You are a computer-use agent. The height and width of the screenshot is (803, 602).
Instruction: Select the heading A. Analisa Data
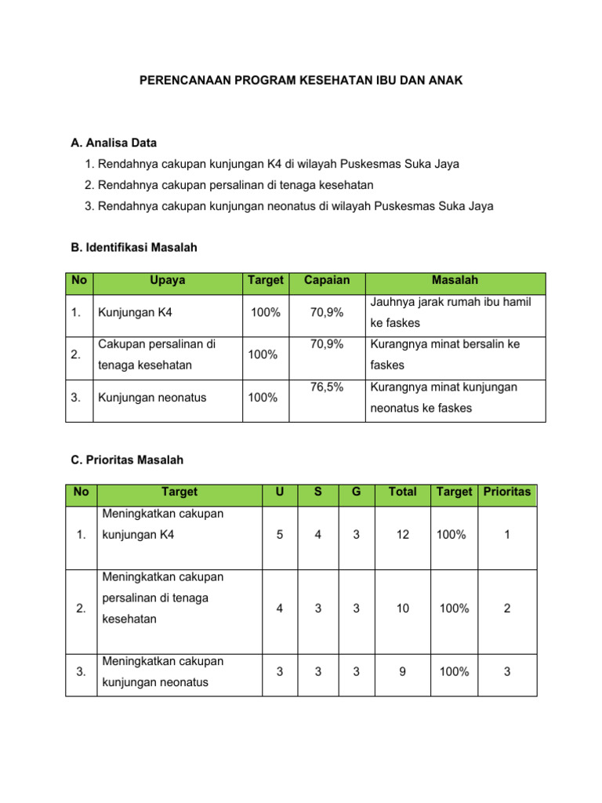point(114,143)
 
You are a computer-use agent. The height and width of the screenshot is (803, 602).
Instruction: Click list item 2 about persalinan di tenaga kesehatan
point(229,185)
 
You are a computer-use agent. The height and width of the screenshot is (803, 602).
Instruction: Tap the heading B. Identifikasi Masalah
point(134,248)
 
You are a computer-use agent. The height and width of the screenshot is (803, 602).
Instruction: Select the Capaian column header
point(326,280)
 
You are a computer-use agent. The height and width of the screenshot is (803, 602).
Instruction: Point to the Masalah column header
point(455,280)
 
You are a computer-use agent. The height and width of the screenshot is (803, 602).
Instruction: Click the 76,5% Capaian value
point(326,387)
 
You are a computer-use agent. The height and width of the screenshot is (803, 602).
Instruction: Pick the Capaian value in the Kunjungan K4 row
point(326,313)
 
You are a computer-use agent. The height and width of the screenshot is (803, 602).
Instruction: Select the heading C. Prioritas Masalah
point(128,460)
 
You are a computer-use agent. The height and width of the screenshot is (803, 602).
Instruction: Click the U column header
point(281,492)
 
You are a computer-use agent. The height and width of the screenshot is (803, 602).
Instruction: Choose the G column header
point(356,492)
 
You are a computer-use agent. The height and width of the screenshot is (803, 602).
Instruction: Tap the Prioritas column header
point(507,492)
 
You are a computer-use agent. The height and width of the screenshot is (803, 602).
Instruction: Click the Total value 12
point(402,535)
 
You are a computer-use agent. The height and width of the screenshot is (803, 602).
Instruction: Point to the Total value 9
point(402,671)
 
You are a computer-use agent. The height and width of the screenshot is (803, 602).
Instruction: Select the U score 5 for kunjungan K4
point(281,535)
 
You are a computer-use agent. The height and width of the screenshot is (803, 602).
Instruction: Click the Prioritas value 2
point(507,609)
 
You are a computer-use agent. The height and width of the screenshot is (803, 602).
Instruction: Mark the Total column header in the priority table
point(402,492)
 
